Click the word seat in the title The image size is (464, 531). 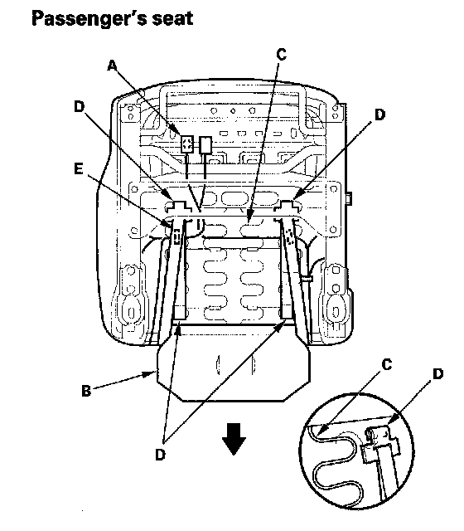tap(172, 18)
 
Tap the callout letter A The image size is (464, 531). tap(113, 66)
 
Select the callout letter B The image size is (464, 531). tap(86, 391)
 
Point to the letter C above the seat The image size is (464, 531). tap(282, 54)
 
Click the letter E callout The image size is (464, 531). tap(79, 168)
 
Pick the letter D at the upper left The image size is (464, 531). tap(80, 107)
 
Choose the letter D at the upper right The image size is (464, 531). tap(380, 114)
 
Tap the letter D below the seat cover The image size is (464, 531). tap(160, 455)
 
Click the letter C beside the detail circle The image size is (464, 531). tap(387, 365)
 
